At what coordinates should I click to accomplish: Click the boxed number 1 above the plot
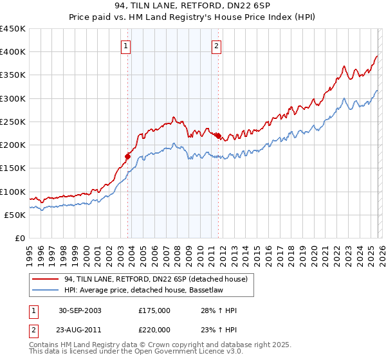pyautogui.click(x=125, y=46)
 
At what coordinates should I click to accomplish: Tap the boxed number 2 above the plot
pyautogui.click(x=217, y=46)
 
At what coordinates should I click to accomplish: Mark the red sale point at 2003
pyautogui.click(x=128, y=156)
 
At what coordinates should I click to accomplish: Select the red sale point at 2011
pyautogui.click(x=218, y=136)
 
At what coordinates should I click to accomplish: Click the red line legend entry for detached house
pyautogui.click(x=145, y=278)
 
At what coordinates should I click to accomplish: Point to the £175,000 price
pyautogui.click(x=154, y=311)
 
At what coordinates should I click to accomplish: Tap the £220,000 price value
pyautogui.click(x=154, y=329)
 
